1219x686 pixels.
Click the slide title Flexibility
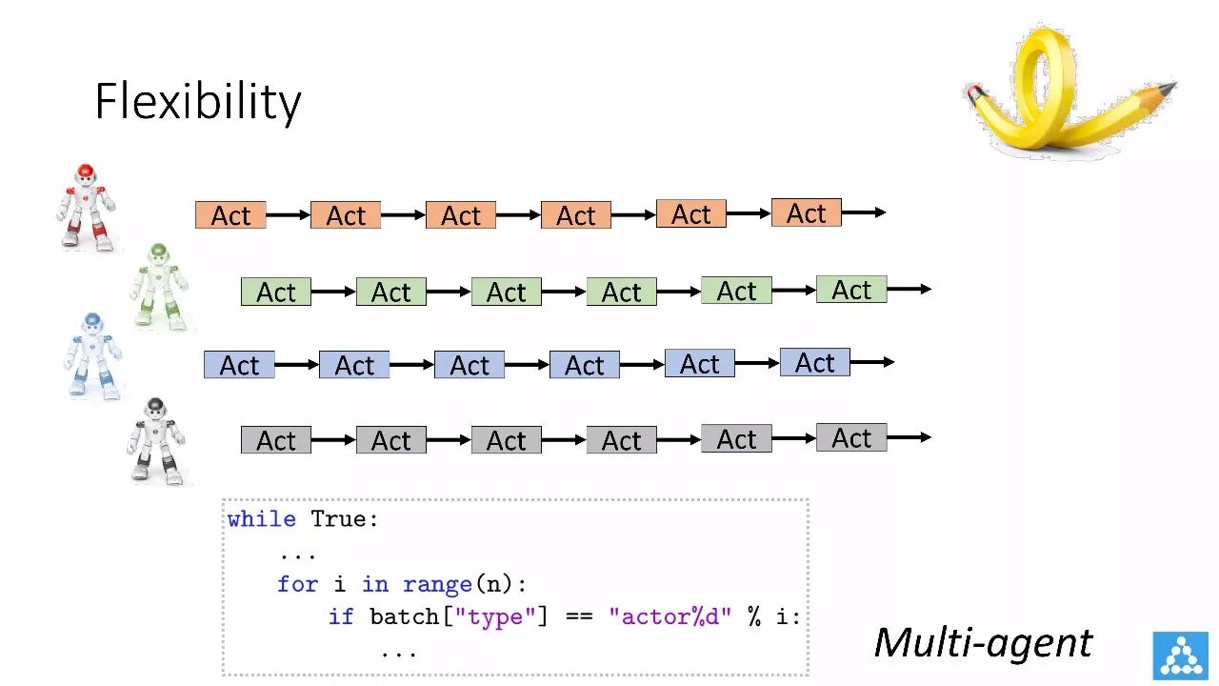[x=198, y=102]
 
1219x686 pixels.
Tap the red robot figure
[x=86, y=207]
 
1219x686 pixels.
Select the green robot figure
[x=159, y=287]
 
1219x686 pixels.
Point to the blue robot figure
[x=94, y=353]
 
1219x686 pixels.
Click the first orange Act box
[x=230, y=215]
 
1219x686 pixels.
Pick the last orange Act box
[x=806, y=213]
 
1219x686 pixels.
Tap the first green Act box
[x=276, y=292]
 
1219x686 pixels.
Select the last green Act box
[x=851, y=290]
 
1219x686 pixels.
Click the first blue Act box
[x=239, y=365]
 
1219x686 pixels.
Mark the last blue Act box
[x=814, y=363]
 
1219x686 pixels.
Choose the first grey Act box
[x=276, y=440]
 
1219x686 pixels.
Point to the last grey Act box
[x=851, y=438]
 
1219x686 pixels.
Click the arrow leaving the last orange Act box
[x=864, y=212]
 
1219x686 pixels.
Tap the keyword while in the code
[x=261, y=519]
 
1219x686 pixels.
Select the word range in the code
[x=437, y=584]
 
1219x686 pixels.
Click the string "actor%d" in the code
[x=670, y=616]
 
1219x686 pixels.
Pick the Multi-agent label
[x=983, y=642]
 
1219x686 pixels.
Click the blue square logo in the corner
[x=1179, y=655]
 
